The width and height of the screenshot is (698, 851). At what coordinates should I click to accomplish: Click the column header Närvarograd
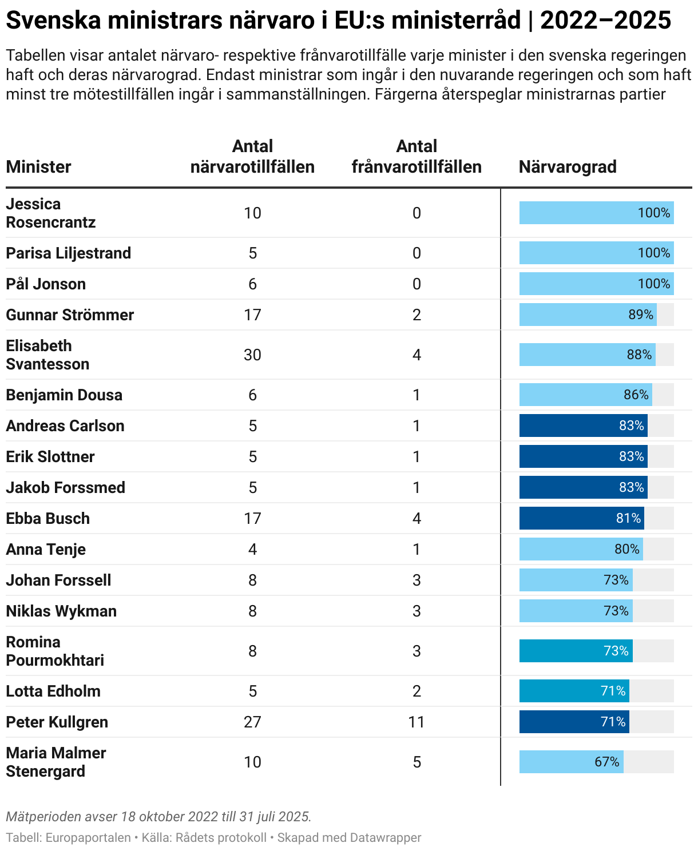(x=568, y=167)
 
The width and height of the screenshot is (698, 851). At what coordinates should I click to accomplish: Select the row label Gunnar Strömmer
(x=70, y=315)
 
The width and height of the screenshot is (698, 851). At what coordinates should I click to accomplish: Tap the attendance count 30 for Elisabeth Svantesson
(x=252, y=355)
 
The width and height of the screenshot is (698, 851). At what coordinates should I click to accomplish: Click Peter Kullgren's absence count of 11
(x=417, y=722)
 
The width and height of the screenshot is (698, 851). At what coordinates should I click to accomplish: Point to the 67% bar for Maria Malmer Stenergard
(x=571, y=762)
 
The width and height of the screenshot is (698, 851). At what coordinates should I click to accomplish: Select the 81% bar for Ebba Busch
(x=581, y=518)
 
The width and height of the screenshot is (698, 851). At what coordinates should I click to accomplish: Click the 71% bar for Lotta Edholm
(x=574, y=691)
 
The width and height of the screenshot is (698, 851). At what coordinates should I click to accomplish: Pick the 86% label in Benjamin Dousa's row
(x=636, y=395)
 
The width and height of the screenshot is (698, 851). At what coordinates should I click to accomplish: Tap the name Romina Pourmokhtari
(x=55, y=651)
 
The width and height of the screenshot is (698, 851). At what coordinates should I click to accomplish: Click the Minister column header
(x=38, y=167)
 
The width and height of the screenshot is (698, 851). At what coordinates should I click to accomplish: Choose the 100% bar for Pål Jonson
(x=596, y=284)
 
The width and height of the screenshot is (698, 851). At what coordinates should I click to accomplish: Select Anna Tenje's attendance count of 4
(x=252, y=550)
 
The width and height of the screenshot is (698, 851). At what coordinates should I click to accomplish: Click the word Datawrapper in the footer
(x=385, y=838)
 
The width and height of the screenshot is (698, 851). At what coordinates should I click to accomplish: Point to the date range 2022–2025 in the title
(x=605, y=21)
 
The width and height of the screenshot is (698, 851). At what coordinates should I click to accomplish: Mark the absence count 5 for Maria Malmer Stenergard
(x=417, y=762)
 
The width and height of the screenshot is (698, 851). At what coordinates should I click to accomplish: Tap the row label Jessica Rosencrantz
(x=50, y=213)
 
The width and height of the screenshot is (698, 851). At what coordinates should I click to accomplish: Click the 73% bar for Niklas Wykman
(x=576, y=611)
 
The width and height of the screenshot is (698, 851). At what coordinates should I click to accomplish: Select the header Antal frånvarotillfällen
(x=417, y=157)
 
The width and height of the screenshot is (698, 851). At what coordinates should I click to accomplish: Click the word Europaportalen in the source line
(x=88, y=838)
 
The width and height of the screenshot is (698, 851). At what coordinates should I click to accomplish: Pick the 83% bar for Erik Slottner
(x=583, y=456)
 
